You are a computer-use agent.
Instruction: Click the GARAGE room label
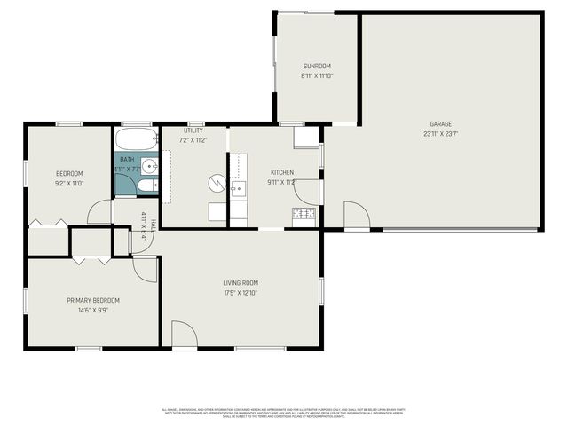pos(441,124)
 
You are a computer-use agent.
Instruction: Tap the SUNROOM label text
pos(316,67)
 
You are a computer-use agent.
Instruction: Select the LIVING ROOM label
pos(241,283)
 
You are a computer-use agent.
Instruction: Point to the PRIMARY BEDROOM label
pos(93,300)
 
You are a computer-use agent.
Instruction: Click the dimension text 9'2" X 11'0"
pos(69,183)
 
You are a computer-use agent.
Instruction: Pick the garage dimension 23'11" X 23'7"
pos(441,134)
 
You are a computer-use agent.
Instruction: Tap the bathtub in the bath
pos(136,139)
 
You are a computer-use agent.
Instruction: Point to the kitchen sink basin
pos(237,188)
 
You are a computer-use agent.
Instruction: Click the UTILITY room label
pos(193,130)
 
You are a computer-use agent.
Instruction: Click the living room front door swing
pos(184,335)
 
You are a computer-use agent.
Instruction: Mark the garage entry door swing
pos(356,215)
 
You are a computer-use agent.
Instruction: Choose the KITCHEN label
pos(282,172)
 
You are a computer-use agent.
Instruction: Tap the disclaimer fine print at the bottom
pos(284,413)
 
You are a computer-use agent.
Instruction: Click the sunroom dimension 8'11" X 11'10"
pos(316,76)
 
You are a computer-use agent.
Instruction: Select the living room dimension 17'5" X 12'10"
pos(241,293)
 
